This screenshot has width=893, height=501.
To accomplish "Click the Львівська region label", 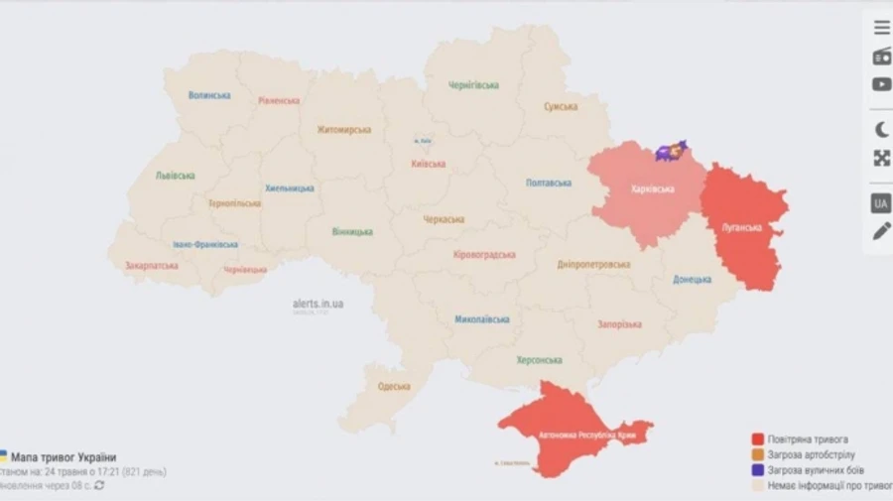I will coord(175,176).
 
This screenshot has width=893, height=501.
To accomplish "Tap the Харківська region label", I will coord(653,188).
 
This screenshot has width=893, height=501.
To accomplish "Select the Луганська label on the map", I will coord(742,227).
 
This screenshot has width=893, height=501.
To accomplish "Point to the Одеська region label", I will coord(394,386).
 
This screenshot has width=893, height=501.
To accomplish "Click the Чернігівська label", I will coord(473,85).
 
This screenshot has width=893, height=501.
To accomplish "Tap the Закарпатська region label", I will coord(152,266).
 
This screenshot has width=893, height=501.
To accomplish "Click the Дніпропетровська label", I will coord(593,265).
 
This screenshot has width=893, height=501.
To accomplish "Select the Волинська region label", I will coord(209,95).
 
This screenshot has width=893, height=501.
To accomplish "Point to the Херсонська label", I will coord(539,360).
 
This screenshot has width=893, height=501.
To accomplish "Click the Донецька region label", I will coord(693,280).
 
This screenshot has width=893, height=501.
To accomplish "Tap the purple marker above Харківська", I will coord(670,152).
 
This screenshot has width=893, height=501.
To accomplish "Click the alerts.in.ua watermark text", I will coord(318,304).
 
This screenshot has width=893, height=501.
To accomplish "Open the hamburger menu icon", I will coord(881,28).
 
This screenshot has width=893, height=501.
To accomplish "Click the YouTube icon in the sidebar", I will coord(881,84).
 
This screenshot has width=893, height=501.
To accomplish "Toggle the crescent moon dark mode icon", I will coord(881,129).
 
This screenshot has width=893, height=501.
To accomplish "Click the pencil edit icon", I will coord(881,231).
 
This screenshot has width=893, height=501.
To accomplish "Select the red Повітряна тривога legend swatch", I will coord(758,438).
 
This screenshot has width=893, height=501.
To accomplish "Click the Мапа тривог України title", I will coord(64,457).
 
